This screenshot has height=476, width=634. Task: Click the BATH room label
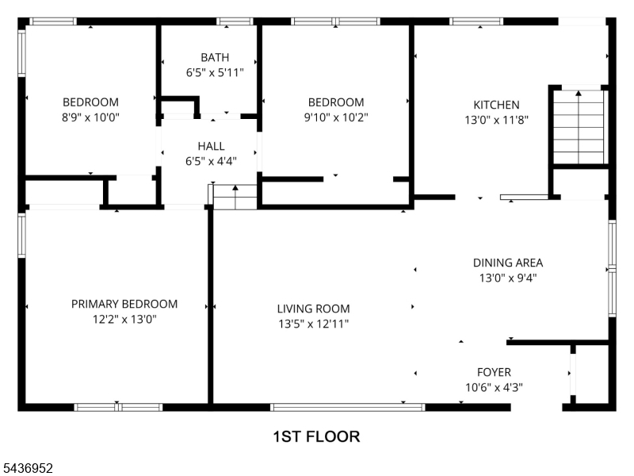[x=215, y=57]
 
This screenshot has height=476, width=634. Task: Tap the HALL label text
[x=211, y=146]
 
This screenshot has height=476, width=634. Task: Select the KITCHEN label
[x=496, y=105]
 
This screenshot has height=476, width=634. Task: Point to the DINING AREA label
[x=508, y=263]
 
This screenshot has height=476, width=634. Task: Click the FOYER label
[x=494, y=372]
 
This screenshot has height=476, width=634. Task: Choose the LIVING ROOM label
[x=313, y=309]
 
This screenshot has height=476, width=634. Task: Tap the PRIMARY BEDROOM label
[x=124, y=304]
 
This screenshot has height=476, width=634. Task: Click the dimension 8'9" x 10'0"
[x=90, y=117]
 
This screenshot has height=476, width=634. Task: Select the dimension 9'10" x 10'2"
[x=336, y=117]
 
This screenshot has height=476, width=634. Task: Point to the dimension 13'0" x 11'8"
[x=496, y=120]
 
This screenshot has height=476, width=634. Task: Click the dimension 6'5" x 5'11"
[x=215, y=73]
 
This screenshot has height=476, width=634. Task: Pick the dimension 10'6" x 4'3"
[x=494, y=387]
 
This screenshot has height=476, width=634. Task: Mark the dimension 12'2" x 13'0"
[x=124, y=320]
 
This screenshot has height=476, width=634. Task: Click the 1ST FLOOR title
[x=316, y=437]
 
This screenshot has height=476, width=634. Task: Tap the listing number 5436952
[x=26, y=468]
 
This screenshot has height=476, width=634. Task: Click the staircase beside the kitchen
[x=579, y=127]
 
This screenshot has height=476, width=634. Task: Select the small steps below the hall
[x=235, y=197]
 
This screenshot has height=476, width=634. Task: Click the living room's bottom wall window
[x=347, y=407]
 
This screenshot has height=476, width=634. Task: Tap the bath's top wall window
[x=235, y=21]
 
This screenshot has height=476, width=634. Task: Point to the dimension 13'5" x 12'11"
[x=313, y=324]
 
